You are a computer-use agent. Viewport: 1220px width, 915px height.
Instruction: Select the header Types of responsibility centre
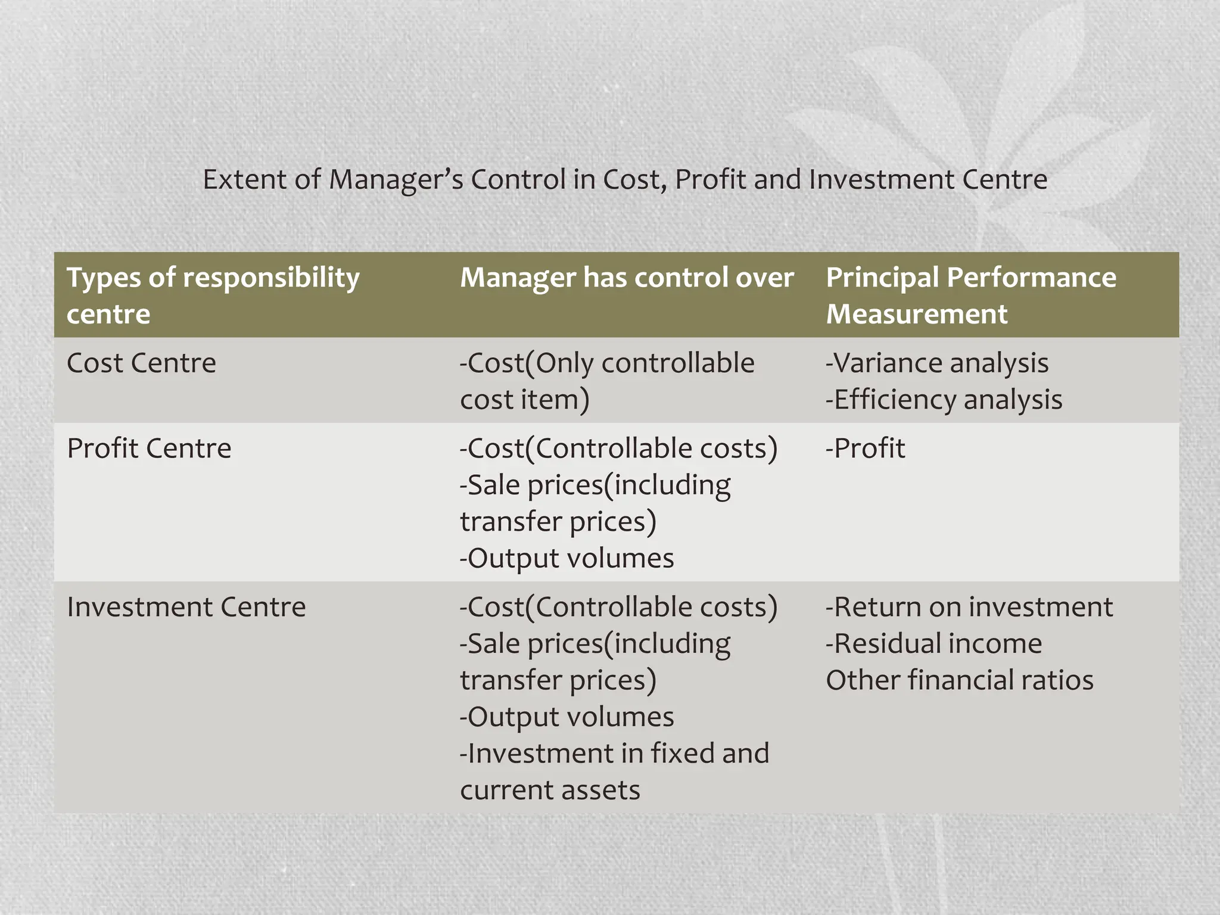(213, 295)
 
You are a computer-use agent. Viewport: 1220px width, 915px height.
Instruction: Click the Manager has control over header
(627, 278)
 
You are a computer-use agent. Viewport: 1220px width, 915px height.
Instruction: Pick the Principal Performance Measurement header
(970, 295)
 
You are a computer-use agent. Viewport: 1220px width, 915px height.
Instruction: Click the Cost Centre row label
(141, 363)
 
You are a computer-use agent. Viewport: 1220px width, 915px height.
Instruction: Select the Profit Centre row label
(149, 448)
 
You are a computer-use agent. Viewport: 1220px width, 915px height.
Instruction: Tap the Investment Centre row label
(186, 607)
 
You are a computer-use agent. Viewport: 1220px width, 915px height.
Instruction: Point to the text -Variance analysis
(936, 363)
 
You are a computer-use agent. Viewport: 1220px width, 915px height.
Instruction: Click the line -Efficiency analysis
(944, 399)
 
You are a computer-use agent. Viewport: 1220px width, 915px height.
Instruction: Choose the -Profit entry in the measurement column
(865, 448)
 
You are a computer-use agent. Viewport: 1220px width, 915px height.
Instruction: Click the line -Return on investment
(969, 607)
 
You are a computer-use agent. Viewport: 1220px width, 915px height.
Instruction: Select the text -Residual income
(933, 643)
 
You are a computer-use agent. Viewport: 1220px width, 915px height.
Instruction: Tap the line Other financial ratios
(959, 680)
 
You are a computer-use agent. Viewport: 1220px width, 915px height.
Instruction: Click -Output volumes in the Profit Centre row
(567, 558)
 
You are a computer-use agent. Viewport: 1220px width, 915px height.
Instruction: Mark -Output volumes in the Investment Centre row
(567, 717)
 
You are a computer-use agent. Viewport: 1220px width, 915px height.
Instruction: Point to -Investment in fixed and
(614, 753)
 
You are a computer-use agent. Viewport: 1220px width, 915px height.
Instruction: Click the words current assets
(550, 790)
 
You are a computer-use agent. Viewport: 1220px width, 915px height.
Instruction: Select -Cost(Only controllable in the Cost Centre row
(606, 363)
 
